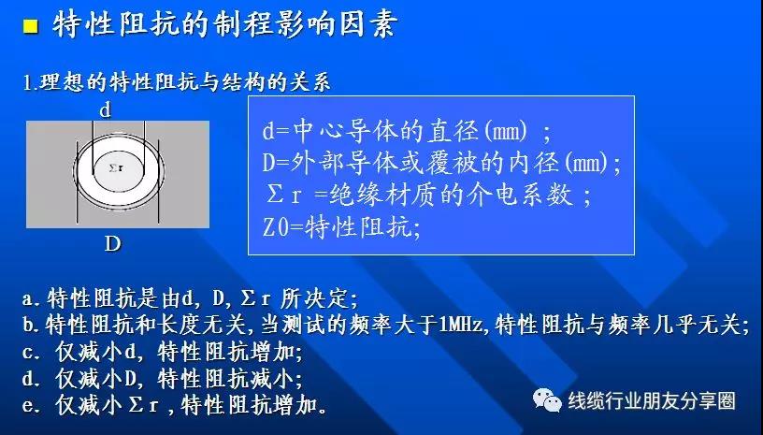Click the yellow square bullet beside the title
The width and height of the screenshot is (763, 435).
[31, 26]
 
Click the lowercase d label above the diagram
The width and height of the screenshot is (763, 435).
[105, 111]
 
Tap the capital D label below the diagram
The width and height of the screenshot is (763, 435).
[112, 243]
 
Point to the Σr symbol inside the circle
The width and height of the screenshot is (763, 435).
[116, 168]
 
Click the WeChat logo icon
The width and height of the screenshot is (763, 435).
[547, 400]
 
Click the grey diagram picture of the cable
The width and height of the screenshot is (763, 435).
[118, 174]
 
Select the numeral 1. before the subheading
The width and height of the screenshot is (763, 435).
[30, 82]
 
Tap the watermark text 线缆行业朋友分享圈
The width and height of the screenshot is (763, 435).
[651, 401]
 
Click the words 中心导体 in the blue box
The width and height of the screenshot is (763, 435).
[332, 131]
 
